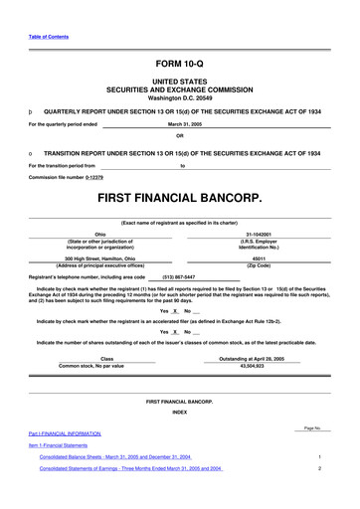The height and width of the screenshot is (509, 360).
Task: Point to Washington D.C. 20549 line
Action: coord(179,100)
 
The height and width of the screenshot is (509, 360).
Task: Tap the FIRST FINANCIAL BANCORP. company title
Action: coord(179,199)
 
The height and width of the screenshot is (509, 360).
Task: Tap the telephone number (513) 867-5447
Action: coord(178,276)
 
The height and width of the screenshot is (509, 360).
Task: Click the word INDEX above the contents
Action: coord(179,411)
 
